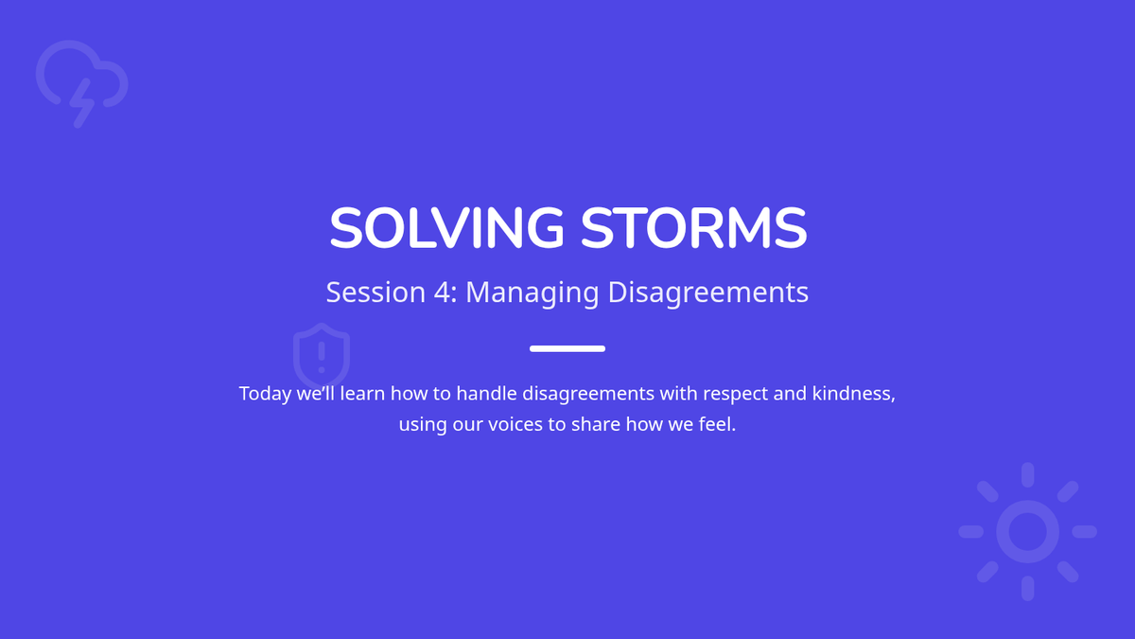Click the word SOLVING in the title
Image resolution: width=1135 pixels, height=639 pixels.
446,228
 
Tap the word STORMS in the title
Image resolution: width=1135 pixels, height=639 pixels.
693,228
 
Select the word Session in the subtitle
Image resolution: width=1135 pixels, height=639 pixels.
375,293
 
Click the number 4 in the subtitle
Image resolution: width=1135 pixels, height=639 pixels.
443,293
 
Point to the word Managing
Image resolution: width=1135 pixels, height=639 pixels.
532,293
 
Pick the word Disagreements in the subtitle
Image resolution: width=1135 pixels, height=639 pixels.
707,293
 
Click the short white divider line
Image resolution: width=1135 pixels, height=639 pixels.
567,348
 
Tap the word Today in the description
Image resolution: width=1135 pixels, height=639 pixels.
265,394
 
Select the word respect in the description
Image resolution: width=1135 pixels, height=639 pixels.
735,395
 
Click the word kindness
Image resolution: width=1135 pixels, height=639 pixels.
854,394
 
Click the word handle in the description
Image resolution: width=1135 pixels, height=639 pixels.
486,394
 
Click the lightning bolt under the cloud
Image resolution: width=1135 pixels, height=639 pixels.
82,103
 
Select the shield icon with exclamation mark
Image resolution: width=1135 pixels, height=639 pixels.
322,356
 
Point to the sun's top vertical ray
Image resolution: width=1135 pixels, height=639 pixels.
1027,474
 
